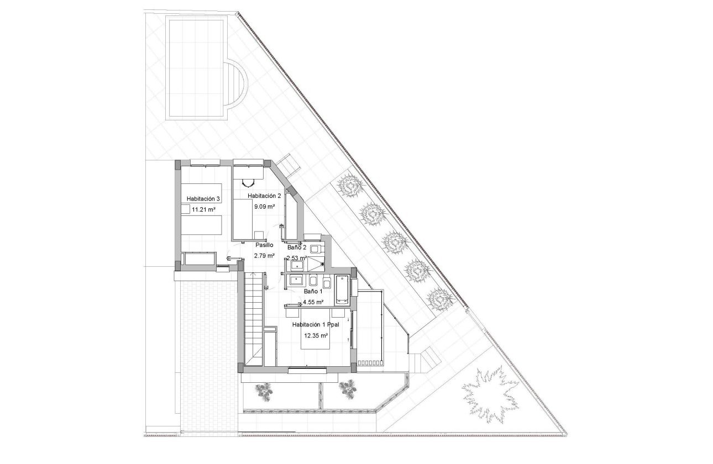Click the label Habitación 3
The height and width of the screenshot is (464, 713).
tap(203, 199)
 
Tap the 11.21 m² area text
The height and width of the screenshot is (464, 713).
tap(203, 210)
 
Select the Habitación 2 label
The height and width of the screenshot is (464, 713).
tap(264, 196)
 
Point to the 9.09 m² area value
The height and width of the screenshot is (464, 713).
tap(264, 207)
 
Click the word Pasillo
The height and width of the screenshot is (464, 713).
tap(264, 245)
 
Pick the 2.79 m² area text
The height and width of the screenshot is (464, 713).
tap(264, 256)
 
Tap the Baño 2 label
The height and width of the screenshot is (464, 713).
tap(297, 248)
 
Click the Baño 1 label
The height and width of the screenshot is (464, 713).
tap(313, 291)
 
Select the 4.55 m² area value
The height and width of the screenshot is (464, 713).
tap(313, 302)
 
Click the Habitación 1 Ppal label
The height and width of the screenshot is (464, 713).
tap(315, 325)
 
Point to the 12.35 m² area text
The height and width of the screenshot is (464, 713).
tap(315, 335)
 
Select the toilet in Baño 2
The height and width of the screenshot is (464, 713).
tap(314, 250)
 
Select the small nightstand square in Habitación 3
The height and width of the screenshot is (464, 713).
tap(185, 208)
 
